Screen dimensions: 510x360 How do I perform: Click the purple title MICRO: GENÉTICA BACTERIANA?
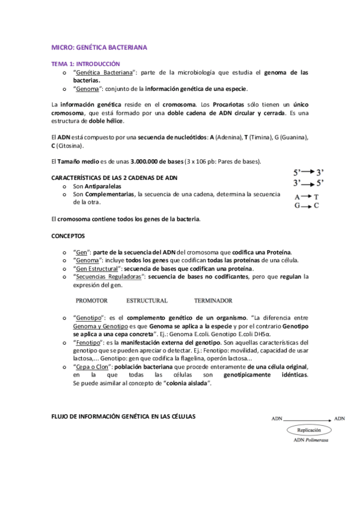99,46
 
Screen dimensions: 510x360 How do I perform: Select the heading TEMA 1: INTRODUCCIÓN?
85,63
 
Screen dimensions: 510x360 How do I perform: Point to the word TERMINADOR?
213,300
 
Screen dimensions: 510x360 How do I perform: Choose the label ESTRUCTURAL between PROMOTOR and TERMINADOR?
147,300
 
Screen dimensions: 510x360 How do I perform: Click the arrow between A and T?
305,197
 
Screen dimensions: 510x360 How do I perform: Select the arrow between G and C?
305,206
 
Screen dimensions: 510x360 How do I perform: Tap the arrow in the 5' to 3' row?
305,171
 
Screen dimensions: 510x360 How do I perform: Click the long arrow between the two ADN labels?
307,418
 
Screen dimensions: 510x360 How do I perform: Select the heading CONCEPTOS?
68,235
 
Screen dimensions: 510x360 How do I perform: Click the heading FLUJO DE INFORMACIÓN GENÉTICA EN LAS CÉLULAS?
123,416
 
